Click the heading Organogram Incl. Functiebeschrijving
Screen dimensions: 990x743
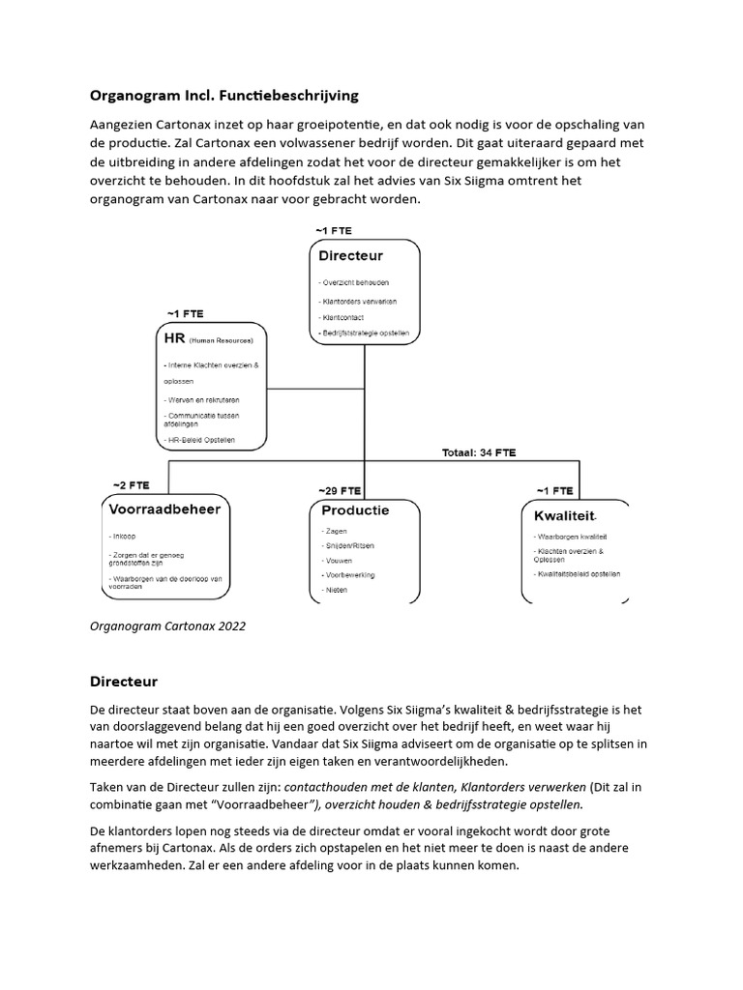pyautogui.click(x=224, y=95)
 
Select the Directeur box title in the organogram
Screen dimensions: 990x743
pyautogui.click(x=351, y=256)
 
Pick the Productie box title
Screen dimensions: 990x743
pyautogui.click(x=355, y=510)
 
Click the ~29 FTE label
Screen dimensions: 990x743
pyautogui.click(x=340, y=489)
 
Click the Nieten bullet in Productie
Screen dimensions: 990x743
pyautogui.click(x=336, y=589)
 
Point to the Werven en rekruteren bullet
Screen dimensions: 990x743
pyautogui.click(x=202, y=399)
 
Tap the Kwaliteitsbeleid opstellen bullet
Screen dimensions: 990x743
pyautogui.click(x=578, y=573)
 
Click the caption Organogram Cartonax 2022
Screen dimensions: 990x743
pyautogui.click(x=167, y=626)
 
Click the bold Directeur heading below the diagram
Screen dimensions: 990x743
pyautogui.click(x=123, y=682)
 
